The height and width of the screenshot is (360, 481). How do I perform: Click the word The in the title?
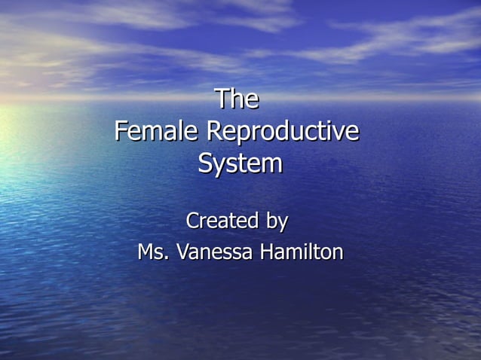pyautogui.click(x=237, y=99)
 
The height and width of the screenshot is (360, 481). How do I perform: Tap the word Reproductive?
pyautogui.click(x=283, y=131)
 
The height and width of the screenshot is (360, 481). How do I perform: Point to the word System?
pyautogui.click(x=240, y=163)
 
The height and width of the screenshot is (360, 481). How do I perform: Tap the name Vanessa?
pyautogui.click(x=215, y=252)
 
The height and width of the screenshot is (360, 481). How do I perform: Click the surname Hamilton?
pyautogui.click(x=302, y=252)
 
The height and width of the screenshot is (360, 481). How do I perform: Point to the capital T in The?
pyautogui.click(x=222, y=99)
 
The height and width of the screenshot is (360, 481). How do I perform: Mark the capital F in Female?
pyautogui.click(x=121, y=131)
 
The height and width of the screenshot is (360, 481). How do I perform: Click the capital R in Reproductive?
pyautogui.click(x=213, y=131)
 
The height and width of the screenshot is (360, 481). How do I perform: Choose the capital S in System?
pyautogui.click(x=206, y=163)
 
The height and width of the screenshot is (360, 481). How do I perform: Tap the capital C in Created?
pyautogui.click(x=194, y=221)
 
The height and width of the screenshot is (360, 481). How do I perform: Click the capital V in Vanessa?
pyautogui.click(x=182, y=252)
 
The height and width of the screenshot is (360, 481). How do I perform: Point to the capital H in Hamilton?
pyautogui.click(x=267, y=252)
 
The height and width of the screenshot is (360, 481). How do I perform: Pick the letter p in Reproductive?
pyautogui.click(x=242, y=134)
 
